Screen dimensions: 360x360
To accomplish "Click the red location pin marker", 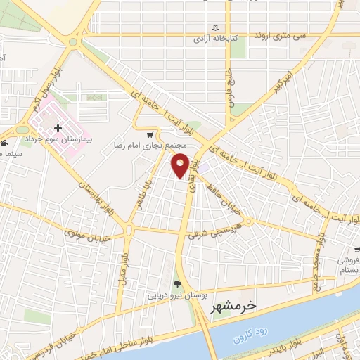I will [x=181, y=165].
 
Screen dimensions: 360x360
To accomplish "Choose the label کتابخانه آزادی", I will [x=214, y=40].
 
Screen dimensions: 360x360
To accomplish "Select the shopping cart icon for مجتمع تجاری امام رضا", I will [x=149, y=134].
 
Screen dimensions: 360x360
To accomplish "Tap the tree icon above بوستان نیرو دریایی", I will [x=176, y=284].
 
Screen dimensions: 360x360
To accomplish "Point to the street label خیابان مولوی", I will [x=87, y=233].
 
